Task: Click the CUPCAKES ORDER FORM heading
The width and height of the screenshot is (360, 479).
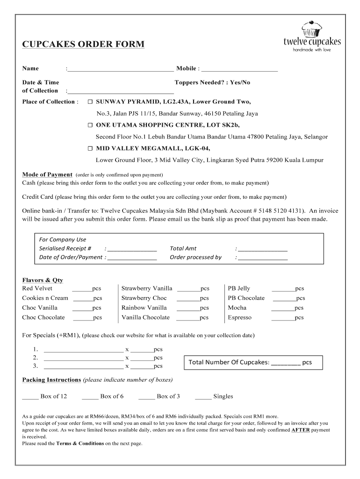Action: [83, 44]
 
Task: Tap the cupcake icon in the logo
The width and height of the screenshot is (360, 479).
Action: [311, 29]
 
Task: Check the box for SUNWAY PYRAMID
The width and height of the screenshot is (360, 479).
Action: [91, 102]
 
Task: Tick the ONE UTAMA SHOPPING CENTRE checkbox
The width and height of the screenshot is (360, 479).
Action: [91, 125]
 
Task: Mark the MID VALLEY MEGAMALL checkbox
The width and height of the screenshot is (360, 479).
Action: [91, 149]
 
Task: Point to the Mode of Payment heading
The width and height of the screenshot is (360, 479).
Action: [47, 174]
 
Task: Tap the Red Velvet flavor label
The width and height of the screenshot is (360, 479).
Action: [37, 288]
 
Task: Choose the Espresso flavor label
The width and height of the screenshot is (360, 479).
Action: [239, 318]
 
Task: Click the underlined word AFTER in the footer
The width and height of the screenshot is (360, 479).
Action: [300, 429]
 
